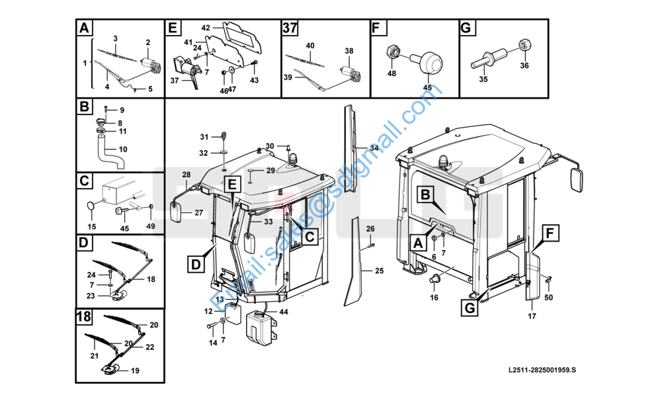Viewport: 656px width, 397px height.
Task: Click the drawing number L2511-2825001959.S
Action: click(x=542, y=370)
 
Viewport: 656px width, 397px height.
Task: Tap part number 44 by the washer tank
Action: click(x=284, y=312)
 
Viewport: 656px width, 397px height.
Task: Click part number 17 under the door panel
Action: click(x=532, y=316)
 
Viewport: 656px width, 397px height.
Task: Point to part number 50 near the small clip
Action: click(x=548, y=297)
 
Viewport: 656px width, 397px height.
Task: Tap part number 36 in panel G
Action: click(x=524, y=66)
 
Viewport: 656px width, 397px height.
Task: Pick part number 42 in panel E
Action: click(x=206, y=28)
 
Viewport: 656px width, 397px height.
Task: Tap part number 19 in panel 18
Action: click(x=135, y=371)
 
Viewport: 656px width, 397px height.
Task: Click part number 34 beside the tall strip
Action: click(x=374, y=148)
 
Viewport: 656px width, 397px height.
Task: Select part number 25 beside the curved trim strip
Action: click(x=379, y=271)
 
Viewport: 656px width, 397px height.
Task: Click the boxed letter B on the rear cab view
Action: click(x=425, y=195)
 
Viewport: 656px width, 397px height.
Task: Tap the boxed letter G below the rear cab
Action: click(x=470, y=308)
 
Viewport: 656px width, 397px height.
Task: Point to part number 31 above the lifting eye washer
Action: click(x=204, y=137)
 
